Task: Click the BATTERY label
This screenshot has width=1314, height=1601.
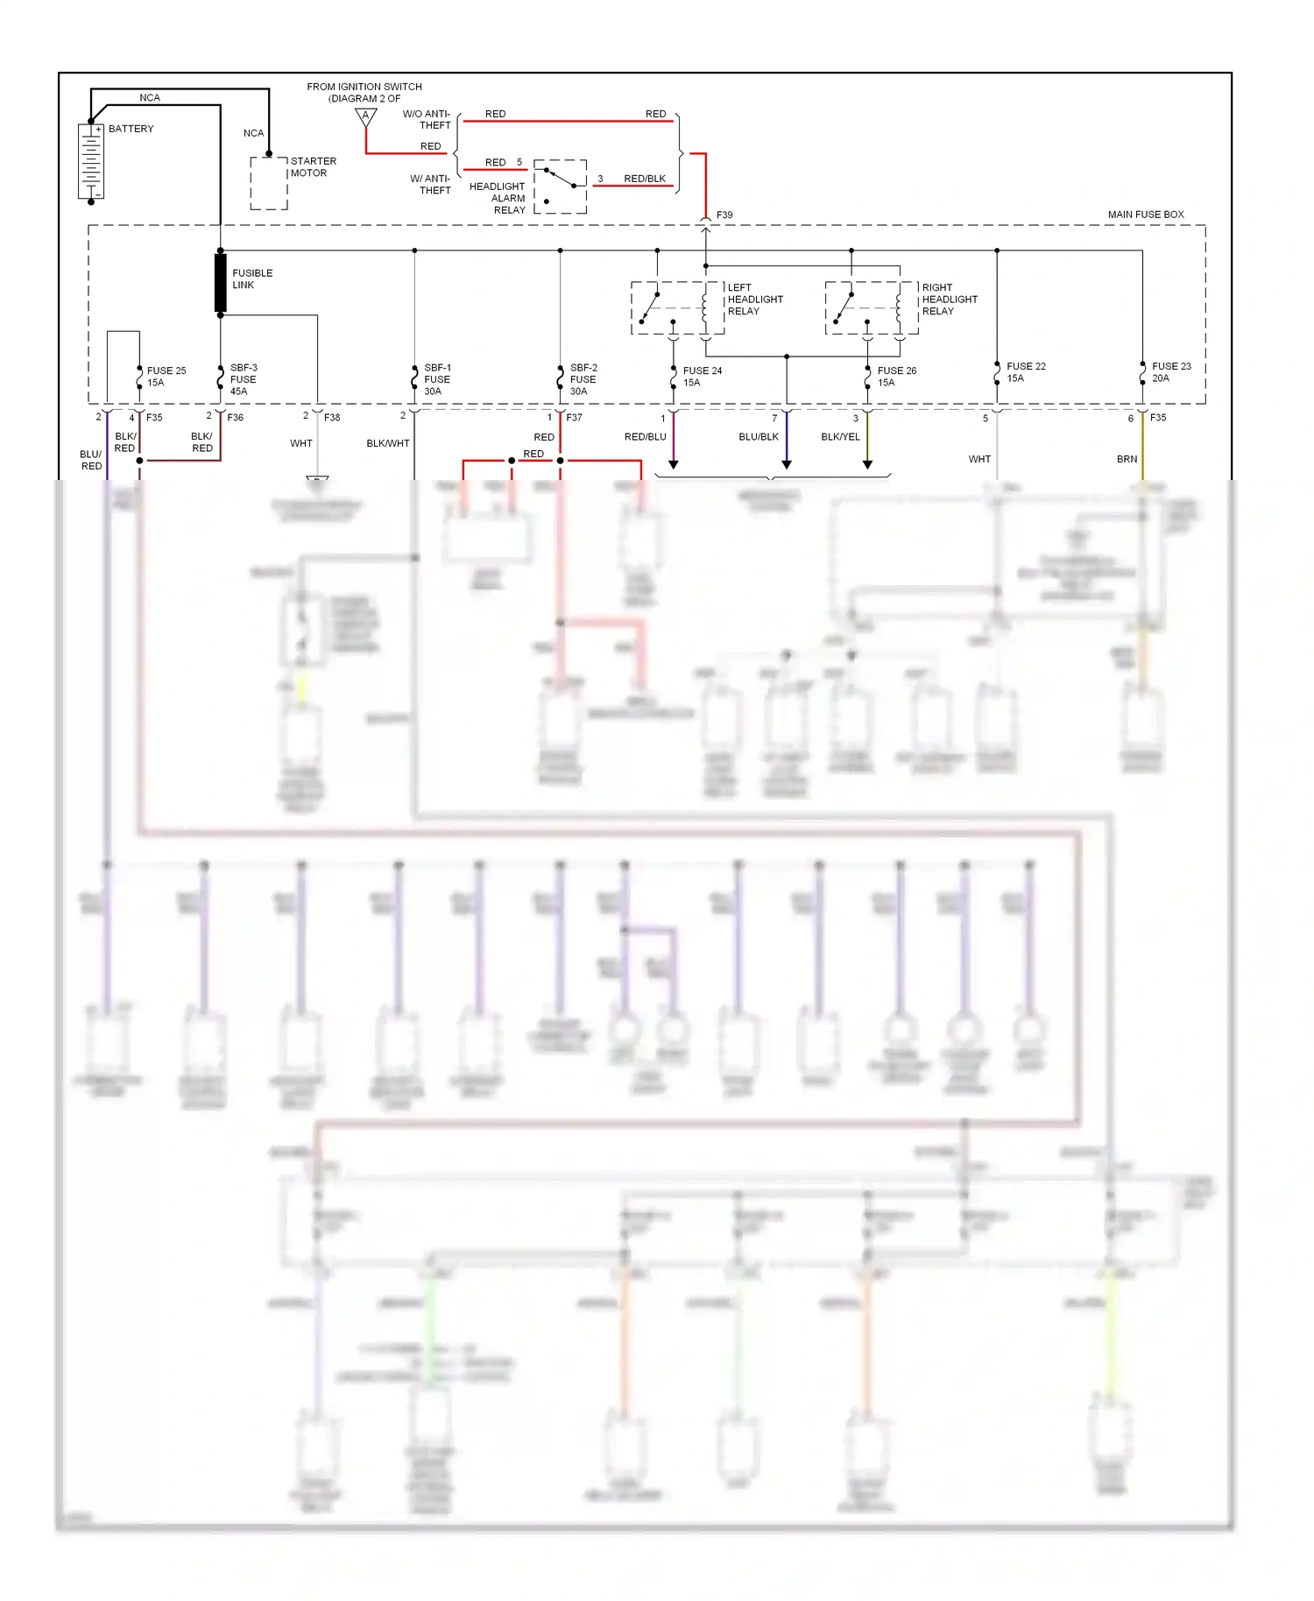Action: coord(131,129)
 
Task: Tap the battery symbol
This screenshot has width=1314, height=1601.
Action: coord(91,161)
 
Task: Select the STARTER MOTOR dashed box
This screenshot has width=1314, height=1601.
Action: coord(269,183)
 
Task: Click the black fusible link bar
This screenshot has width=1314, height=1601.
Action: coord(221,282)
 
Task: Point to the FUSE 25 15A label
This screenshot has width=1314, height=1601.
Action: coord(166,377)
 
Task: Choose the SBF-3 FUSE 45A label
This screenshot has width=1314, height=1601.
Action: coord(243,379)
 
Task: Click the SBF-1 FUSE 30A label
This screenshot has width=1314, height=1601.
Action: coord(437,379)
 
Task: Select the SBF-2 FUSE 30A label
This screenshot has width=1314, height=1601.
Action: coord(583,379)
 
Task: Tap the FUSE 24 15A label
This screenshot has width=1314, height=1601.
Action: coord(702,377)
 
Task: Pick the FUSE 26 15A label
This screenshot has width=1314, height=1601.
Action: coord(896,377)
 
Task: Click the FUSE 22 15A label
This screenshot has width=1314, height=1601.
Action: coord(1026,372)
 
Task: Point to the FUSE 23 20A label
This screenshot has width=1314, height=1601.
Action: coord(1171,372)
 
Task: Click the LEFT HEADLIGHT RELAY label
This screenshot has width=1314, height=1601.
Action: coord(754,300)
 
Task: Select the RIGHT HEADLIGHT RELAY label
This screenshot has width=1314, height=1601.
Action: coord(949,300)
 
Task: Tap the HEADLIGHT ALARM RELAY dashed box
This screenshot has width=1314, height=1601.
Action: coord(561,187)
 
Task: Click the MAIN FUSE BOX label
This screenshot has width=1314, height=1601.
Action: coord(1145,215)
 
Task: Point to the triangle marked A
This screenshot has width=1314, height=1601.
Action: coord(366,116)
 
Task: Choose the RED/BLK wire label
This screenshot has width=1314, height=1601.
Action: coord(645,179)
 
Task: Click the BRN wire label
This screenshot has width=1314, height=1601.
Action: coord(1127,459)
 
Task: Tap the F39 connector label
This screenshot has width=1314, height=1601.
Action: coord(724,215)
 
